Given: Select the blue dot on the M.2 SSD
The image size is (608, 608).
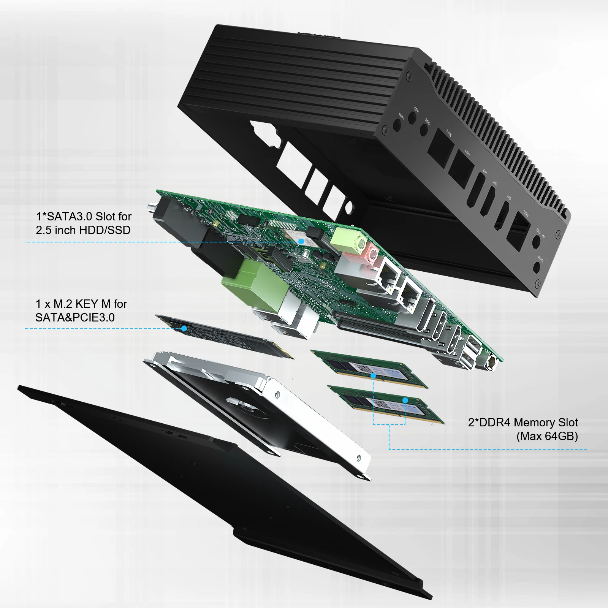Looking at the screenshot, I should [184, 328].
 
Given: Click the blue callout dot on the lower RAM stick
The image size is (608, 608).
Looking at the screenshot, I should [405, 400].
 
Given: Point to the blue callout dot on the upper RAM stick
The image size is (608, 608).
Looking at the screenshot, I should [374, 375].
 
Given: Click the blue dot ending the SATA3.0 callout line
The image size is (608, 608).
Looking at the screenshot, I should [301, 241].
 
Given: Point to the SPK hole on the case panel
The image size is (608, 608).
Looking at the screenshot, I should [412, 118].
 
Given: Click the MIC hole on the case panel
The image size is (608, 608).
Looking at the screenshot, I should [424, 130].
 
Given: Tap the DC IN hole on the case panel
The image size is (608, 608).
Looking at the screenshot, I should [536, 241].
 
